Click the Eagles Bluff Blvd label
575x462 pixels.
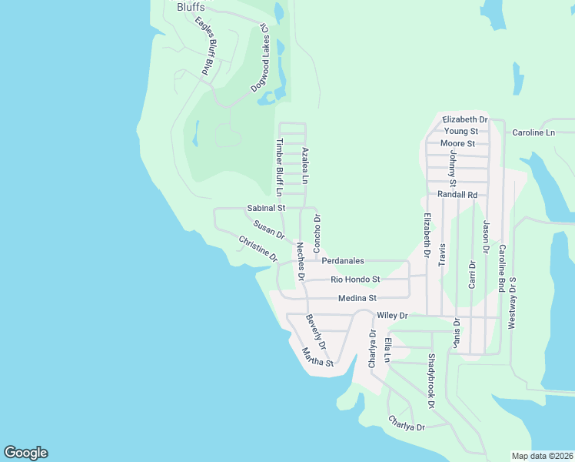point(204,46)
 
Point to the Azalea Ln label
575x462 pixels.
point(305,165)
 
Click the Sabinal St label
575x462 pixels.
point(266,208)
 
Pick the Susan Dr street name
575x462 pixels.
point(269,229)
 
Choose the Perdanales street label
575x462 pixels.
point(343,261)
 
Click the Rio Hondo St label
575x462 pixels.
point(355,280)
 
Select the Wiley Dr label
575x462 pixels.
point(392,316)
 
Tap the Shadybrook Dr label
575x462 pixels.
point(432,381)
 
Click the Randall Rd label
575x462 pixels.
point(457,195)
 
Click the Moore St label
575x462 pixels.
point(458,143)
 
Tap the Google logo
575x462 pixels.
point(25,453)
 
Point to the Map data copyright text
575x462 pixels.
point(542,456)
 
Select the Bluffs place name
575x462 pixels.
point(191,7)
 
